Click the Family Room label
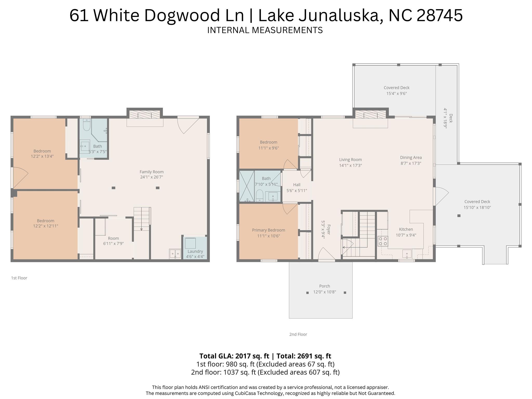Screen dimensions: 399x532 tap(152, 172)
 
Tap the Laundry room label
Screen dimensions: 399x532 tap(195, 251)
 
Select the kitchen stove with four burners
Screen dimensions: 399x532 tap(383, 241)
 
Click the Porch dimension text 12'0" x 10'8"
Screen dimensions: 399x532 tap(324, 292)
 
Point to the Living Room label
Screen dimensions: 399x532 tap(350, 160)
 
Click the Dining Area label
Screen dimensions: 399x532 tap(411, 158)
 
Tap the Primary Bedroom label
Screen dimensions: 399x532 tap(268, 230)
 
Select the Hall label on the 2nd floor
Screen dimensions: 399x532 tap(297, 185)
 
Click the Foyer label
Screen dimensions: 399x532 tap(329, 230)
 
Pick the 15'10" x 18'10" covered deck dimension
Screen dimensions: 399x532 tap(477, 207)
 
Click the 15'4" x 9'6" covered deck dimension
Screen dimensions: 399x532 tap(396, 93)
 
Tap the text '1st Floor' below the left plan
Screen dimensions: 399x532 tap(19, 278)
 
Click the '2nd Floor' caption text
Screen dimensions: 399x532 tap(298, 334)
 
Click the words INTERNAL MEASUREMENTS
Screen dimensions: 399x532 tap(265, 30)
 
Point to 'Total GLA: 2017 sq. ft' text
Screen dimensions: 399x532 tap(234, 356)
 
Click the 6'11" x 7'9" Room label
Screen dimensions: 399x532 tap(113, 238)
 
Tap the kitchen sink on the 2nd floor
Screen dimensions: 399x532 tap(407, 253)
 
